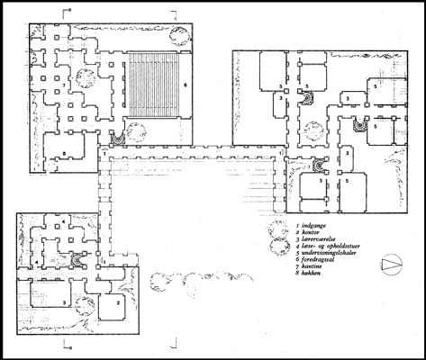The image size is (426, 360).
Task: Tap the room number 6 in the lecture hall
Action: click(x=186, y=85)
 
